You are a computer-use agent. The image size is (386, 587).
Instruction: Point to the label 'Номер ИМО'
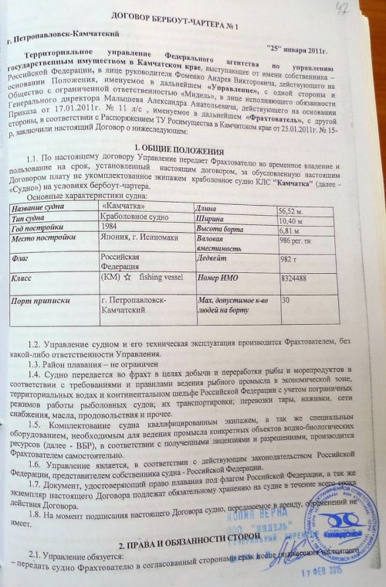point(218,279)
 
